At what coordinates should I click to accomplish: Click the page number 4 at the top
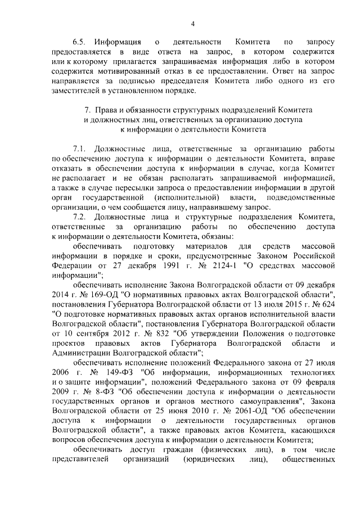pos(192,23)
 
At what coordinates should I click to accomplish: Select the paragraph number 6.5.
pos(80,42)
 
